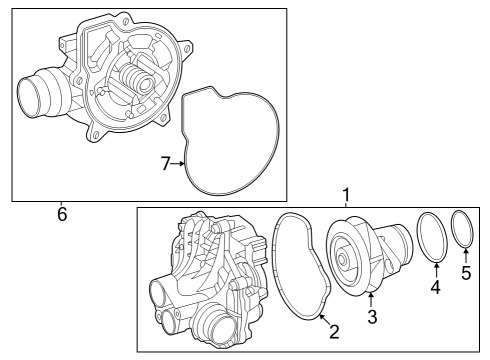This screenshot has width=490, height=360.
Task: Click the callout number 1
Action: (346, 195)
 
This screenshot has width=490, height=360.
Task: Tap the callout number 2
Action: (334, 332)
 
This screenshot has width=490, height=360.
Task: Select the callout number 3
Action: (372, 317)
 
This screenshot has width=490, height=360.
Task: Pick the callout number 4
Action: (435, 287)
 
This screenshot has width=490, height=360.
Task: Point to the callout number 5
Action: (466, 273)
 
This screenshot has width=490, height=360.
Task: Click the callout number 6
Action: (62, 214)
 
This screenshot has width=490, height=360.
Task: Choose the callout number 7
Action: (166, 164)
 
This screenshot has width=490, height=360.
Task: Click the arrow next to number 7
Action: (178, 164)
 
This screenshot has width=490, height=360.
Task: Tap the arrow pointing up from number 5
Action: (466, 256)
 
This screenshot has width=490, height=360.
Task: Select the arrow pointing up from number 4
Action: (437, 270)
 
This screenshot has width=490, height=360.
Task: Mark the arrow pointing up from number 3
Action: (371, 299)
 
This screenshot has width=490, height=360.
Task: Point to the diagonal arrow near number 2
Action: (325, 319)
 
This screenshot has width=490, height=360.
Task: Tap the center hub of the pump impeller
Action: (342, 259)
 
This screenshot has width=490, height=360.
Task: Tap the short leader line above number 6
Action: (61, 204)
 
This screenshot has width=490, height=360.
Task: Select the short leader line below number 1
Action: (346, 205)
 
